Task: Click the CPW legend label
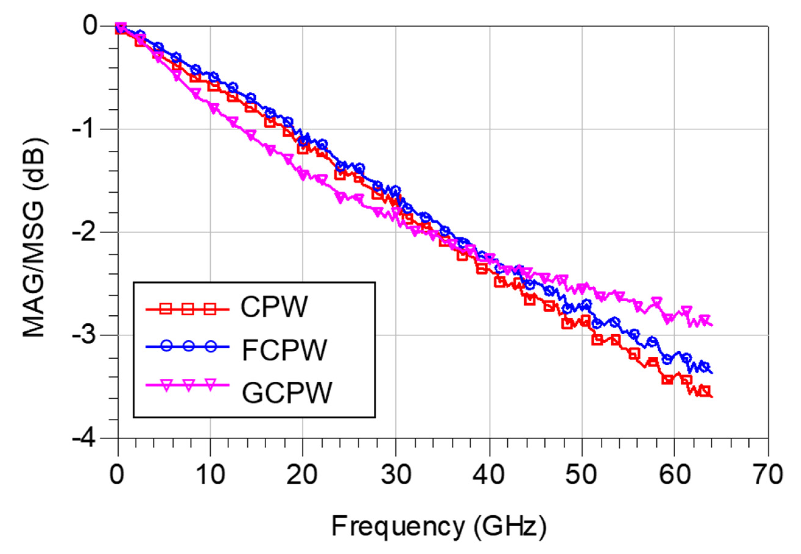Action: point(274,307)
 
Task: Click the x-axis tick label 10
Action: point(210,475)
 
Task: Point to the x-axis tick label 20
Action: point(302,475)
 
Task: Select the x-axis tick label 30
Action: point(396,475)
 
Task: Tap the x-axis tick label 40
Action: point(489,475)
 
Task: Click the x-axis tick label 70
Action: point(767,475)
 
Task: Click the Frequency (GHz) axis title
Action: point(439,527)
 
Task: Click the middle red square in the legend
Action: point(188,308)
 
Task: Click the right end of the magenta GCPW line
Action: point(712,325)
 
